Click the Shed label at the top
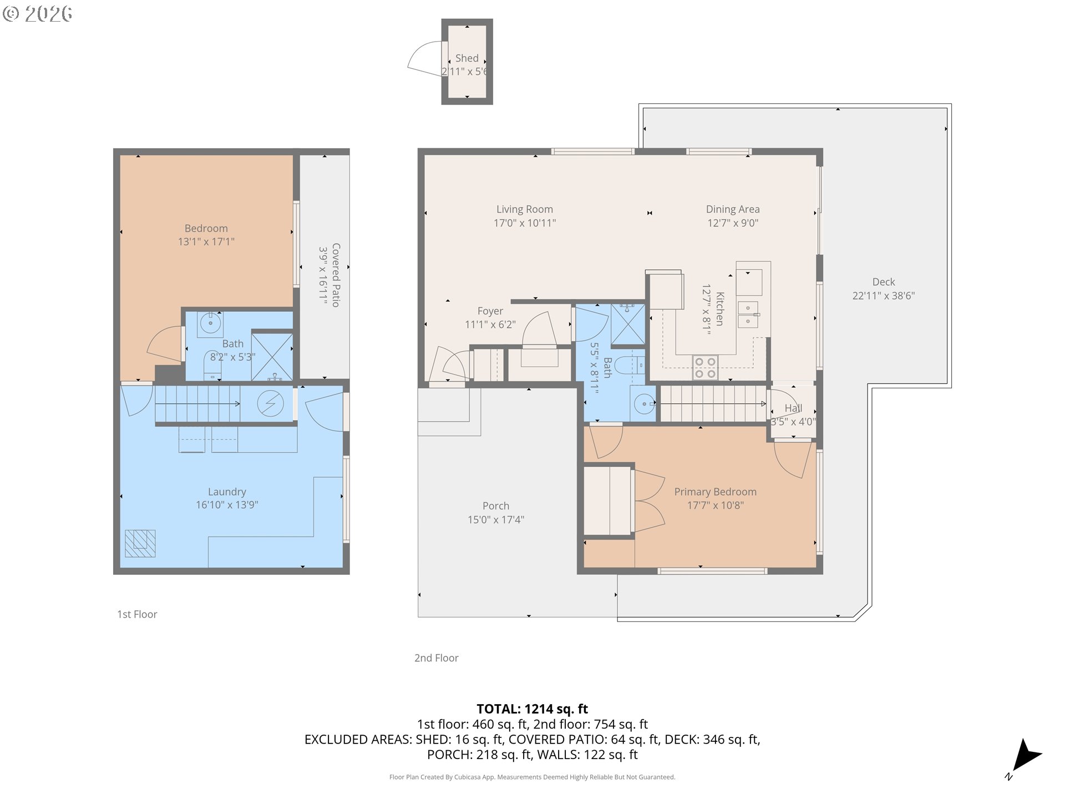pyautogui.click(x=466, y=58)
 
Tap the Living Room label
pyautogui.click(x=525, y=209)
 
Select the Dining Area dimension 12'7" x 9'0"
pyautogui.click(x=733, y=223)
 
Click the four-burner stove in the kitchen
pyautogui.click(x=706, y=368)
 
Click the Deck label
pyautogui.click(x=884, y=282)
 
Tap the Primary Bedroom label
pyautogui.click(x=715, y=492)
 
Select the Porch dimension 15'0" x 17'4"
pyautogui.click(x=496, y=520)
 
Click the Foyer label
pyautogui.click(x=490, y=311)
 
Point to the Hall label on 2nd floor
pyautogui.click(x=793, y=408)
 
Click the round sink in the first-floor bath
pyautogui.click(x=210, y=322)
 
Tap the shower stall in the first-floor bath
pyautogui.click(x=272, y=356)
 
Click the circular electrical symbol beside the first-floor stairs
pyautogui.click(x=271, y=403)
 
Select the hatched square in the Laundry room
pyautogui.click(x=140, y=543)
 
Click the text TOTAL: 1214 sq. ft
pyautogui.click(x=532, y=709)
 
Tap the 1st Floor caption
pyautogui.click(x=137, y=614)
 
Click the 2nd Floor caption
pyautogui.click(x=437, y=658)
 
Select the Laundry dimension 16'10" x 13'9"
pyautogui.click(x=227, y=505)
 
